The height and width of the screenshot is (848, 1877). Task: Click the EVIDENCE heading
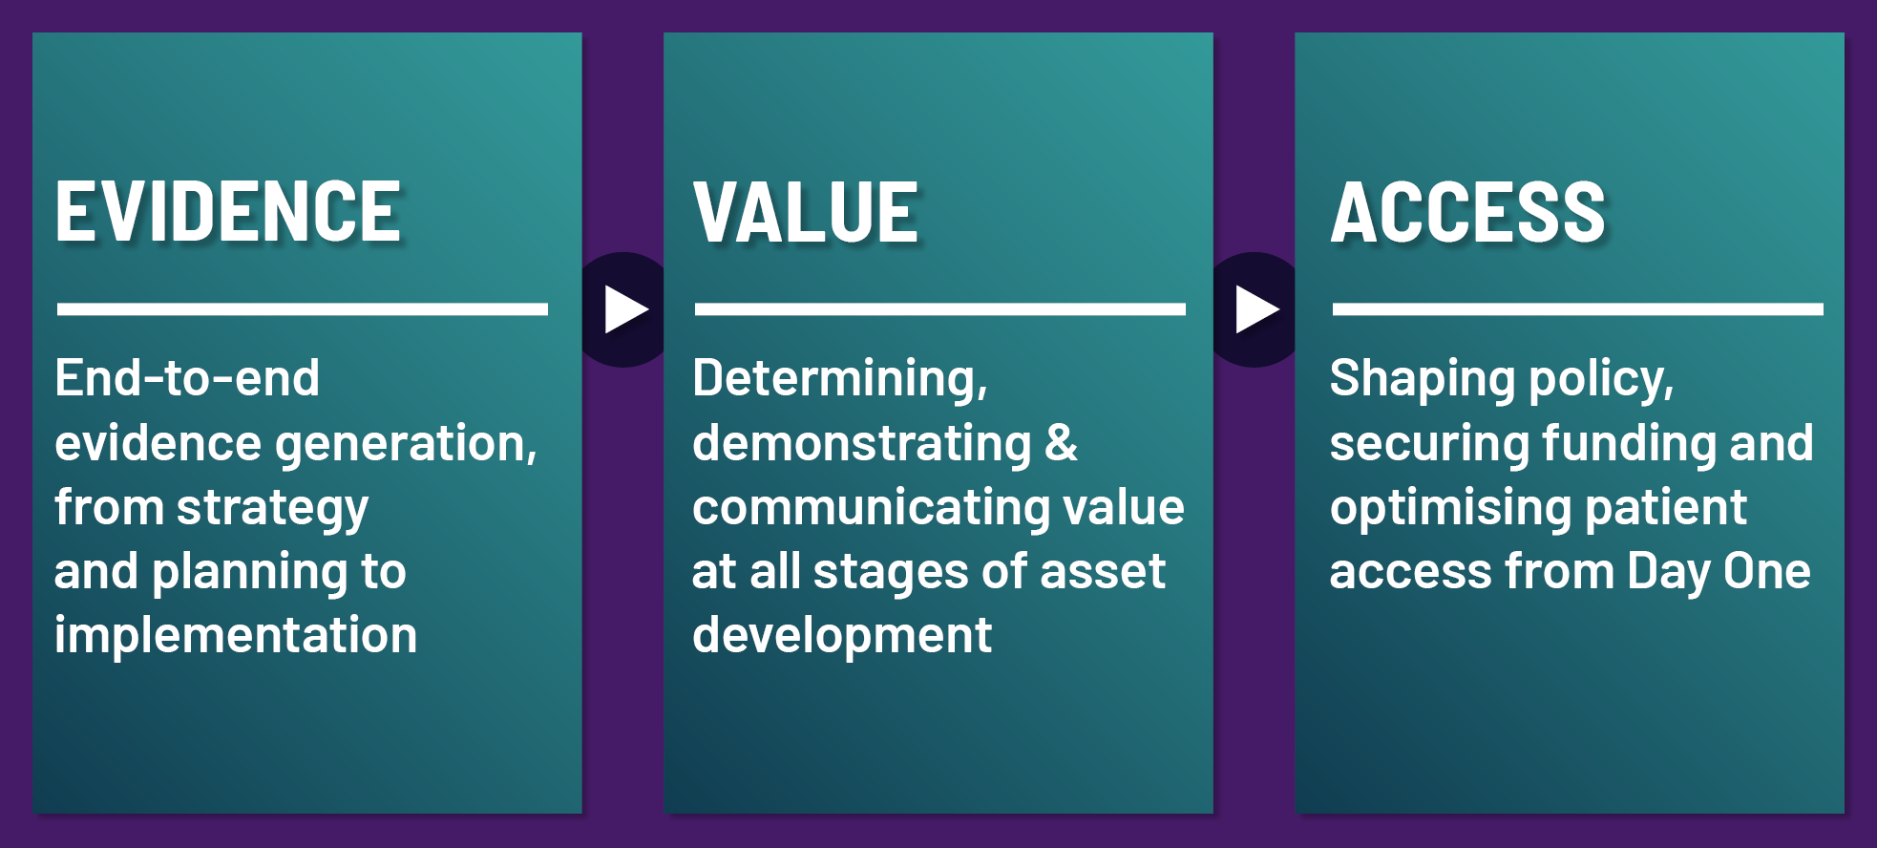click(x=228, y=212)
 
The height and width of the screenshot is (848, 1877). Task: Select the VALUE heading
click(x=806, y=212)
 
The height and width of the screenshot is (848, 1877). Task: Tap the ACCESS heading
click(x=1468, y=212)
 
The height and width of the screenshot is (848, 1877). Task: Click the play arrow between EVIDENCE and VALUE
click(x=626, y=309)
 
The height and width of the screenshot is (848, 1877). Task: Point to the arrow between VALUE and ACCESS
click(x=1257, y=309)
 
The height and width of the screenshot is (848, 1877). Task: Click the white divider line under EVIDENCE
click(x=303, y=309)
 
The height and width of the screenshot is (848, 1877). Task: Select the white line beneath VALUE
click(x=940, y=309)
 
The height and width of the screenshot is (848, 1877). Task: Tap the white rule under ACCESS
click(x=1578, y=309)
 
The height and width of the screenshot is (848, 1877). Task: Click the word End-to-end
click(x=187, y=378)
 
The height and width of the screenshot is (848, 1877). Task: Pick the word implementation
click(x=236, y=636)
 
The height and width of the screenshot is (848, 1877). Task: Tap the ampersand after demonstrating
click(x=1061, y=444)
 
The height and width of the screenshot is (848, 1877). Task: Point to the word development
click(x=842, y=636)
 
